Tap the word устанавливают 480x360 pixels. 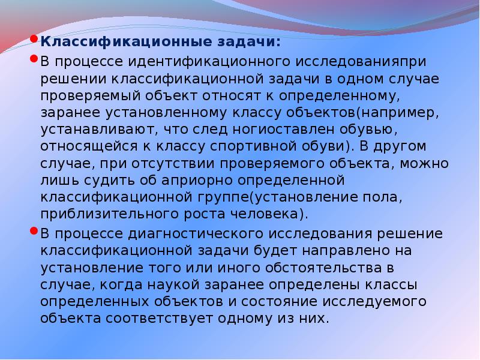[88, 129]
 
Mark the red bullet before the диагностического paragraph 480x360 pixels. [35, 231]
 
